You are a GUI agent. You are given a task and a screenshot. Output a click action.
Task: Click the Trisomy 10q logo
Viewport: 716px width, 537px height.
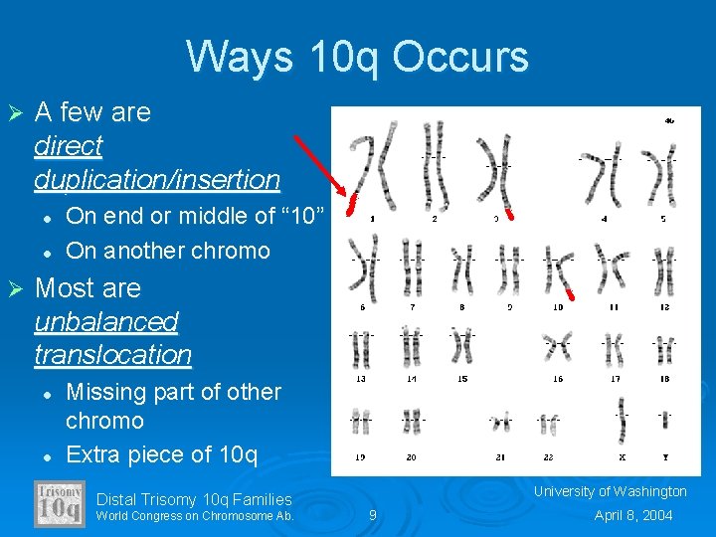tap(59, 503)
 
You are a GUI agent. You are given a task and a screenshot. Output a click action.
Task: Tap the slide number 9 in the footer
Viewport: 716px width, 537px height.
tap(372, 515)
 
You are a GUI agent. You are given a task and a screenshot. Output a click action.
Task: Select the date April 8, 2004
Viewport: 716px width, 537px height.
tap(633, 515)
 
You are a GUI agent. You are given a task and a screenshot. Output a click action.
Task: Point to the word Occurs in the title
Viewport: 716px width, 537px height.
tap(459, 57)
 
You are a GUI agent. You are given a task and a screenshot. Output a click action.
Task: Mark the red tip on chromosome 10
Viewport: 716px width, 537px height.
tap(570, 293)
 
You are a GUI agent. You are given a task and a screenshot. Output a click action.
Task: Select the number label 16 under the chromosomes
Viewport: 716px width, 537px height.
tap(558, 379)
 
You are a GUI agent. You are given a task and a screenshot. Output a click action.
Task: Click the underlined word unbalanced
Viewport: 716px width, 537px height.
tap(105, 322)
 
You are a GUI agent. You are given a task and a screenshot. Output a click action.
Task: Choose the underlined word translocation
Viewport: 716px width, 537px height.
tap(112, 355)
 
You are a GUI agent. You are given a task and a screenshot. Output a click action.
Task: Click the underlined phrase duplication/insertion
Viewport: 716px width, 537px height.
tap(157, 180)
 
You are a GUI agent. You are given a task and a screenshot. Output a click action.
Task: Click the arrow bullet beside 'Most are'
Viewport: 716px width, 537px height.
tap(15, 289)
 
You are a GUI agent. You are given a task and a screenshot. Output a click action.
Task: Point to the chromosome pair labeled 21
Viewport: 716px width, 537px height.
tap(501, 422)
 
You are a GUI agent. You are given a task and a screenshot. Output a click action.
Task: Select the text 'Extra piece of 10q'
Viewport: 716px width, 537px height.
tap(161, 455)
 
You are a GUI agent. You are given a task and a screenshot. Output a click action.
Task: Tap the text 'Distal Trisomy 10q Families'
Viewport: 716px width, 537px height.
tap(194, 499)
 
